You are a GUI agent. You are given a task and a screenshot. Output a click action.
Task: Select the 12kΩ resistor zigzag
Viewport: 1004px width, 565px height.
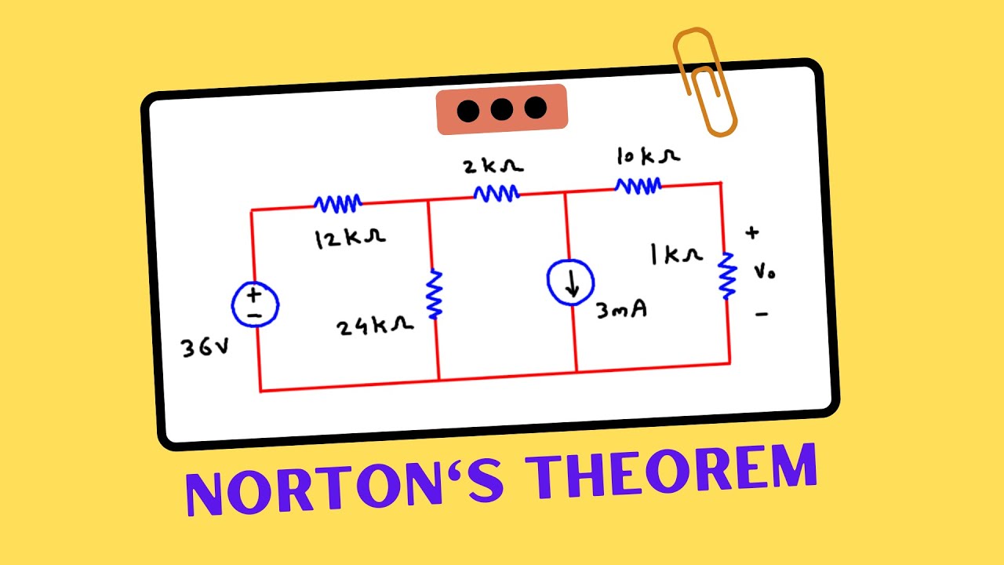pyautogui.click(x=338, y=203)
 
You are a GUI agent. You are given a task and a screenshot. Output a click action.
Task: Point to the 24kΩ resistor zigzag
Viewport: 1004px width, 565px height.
pyautogui.click(x=435, y=294)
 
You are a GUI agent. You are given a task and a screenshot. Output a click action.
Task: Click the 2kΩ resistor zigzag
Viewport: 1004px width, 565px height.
pyautogui.click(x=497, y=193)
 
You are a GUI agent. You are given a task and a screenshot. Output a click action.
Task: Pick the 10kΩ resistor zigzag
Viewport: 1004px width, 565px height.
pyautogui.click(x=638, y=186)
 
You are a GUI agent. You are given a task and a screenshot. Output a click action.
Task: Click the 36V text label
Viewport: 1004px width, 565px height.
pyautogui.click(x=205, y=348)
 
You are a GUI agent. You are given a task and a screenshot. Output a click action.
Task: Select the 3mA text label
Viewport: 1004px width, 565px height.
pyautogui.click(x=622, y=310)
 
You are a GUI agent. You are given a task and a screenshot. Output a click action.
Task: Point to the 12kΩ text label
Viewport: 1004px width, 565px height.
pyautogui.click(x=350, y=239)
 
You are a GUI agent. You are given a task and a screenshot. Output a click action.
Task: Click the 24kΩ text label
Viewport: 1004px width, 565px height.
pyautogui.click(x=375, y=326)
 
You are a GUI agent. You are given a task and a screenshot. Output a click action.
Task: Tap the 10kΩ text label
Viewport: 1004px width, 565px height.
pyautogui.click(x=649, y=156)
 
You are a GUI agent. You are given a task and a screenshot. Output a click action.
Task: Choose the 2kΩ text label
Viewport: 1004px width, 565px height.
pyautogui.click(x=493, y=166)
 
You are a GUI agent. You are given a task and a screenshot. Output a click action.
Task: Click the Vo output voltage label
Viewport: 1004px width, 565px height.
pyautogui.click(x=765, y=272)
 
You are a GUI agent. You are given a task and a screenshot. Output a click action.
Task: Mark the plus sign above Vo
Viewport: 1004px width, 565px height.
pyautogui.click(x=752, y=232)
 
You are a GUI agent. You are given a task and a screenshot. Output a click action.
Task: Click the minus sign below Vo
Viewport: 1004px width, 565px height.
pyautogui.click(x=762, y=315)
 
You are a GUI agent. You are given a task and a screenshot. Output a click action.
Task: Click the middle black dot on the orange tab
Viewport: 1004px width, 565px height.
pyautogui.click(x=501, y=109)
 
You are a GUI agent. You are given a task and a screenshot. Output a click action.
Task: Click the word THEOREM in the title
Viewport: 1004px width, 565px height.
pyautogui.click(x=671, y=471)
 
